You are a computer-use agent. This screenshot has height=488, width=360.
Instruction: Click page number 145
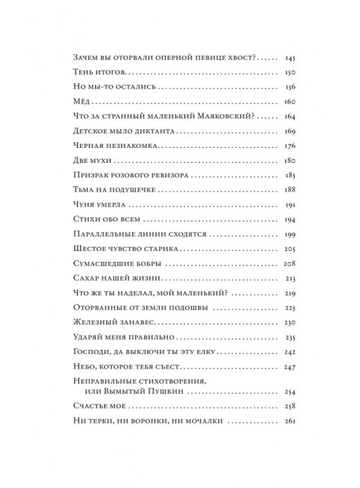coord(291,59)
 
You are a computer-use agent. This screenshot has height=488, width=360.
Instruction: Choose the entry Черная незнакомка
coord(114,146)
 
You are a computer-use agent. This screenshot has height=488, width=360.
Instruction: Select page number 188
coord(291,190)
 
